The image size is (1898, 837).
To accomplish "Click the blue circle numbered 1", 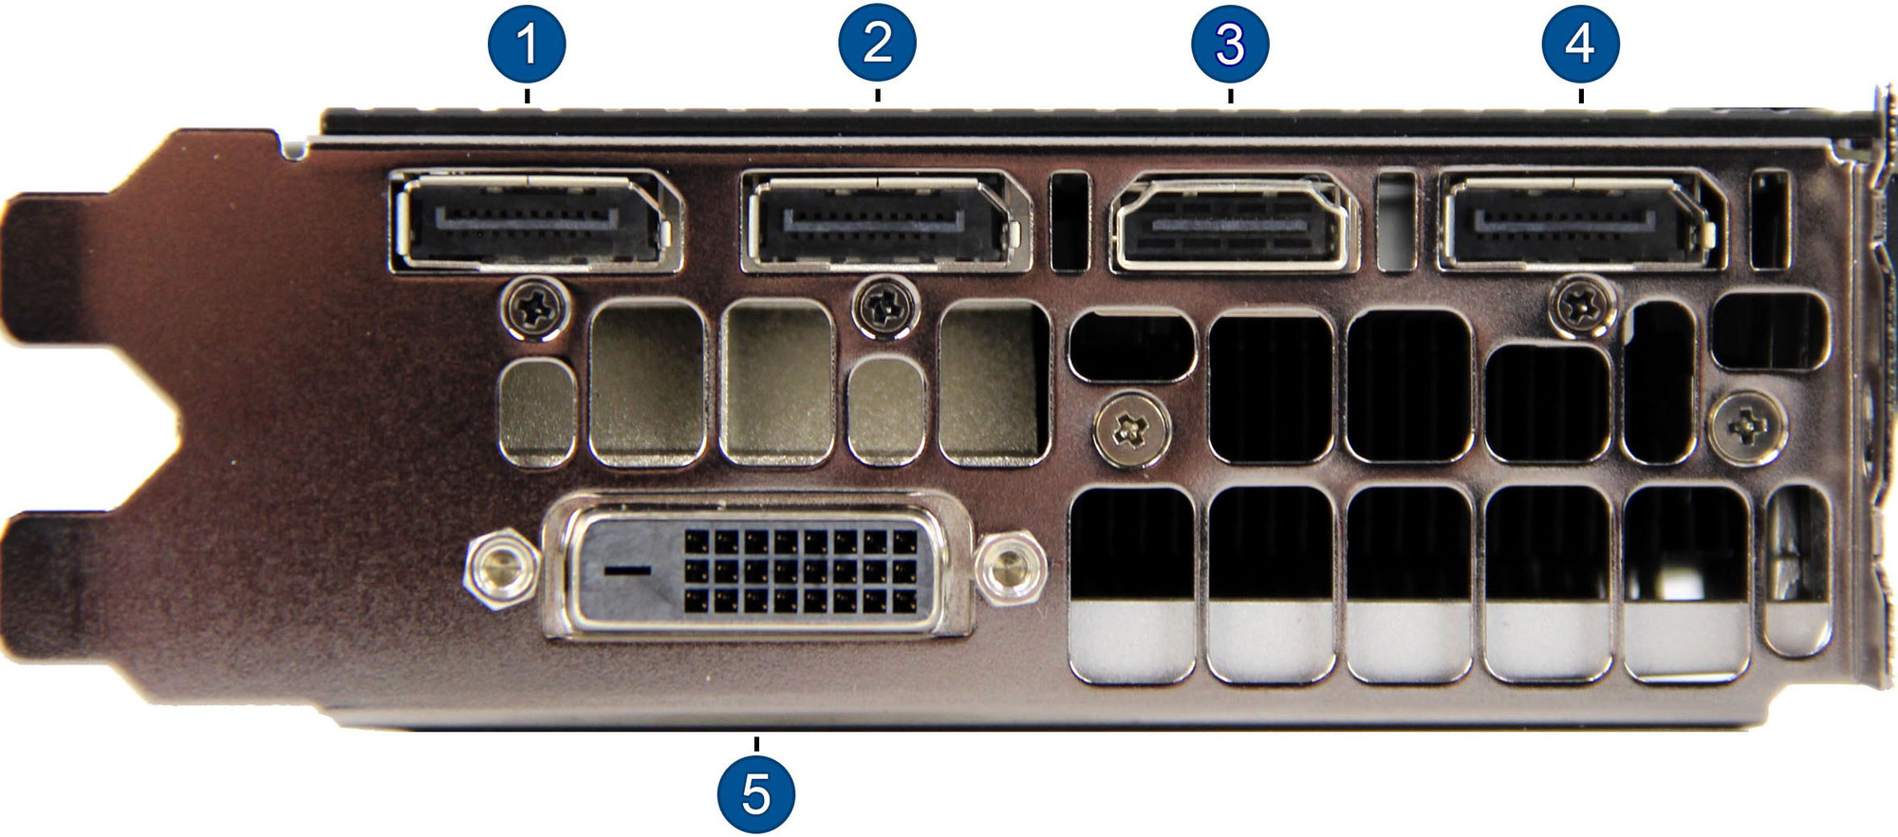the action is (527, 44).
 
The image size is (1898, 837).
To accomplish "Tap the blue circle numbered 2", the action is (878, 42).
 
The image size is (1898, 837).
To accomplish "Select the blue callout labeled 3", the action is (1230, 44).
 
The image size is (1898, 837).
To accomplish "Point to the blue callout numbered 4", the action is (1580, 43).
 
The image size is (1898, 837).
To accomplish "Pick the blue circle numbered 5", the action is (756, 793).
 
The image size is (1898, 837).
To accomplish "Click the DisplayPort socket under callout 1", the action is (535, 222).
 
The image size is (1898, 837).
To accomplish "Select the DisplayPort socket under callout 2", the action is (885, 221).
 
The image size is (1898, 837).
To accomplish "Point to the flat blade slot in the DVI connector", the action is (627, 570).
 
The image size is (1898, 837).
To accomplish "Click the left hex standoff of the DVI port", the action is (501, 569).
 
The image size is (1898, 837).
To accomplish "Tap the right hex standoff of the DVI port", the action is (1010, 569).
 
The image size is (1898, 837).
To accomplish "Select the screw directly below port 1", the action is (535, 307).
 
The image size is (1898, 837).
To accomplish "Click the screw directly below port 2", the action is (886, 307).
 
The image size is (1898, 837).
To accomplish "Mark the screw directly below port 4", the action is (1583, 306).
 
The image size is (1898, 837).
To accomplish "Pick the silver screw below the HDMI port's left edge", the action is (1132, 431).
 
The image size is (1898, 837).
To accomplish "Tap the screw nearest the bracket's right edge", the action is (1747, 429).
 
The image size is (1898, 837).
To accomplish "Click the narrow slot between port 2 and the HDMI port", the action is (1071, 221).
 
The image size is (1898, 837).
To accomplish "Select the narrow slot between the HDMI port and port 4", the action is (1396, 220).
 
